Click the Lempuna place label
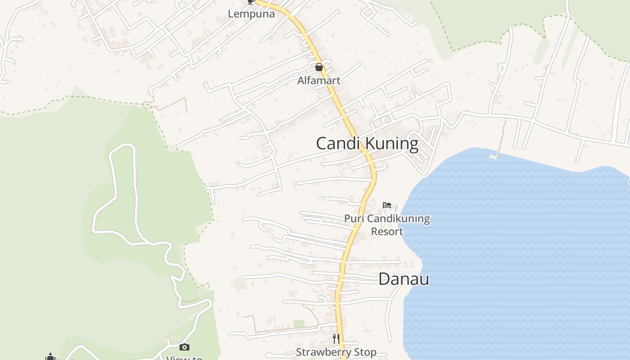click(251, 14)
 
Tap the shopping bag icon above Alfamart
click(319, 67)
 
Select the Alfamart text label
click(319, 81)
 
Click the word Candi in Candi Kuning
click(338, 144)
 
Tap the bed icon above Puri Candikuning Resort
click(387, 205)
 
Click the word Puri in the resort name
click(354, 219)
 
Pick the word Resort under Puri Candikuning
click(387, 231)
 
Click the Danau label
click(404, 279)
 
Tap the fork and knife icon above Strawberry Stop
click(336, 338)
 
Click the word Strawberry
click(324, 352)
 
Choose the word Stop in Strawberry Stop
click(365, 352)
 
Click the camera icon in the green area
click(184, 347)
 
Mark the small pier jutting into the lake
click(494, 156)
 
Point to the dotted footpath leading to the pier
click(501, 135)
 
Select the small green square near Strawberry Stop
click(299, 324)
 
